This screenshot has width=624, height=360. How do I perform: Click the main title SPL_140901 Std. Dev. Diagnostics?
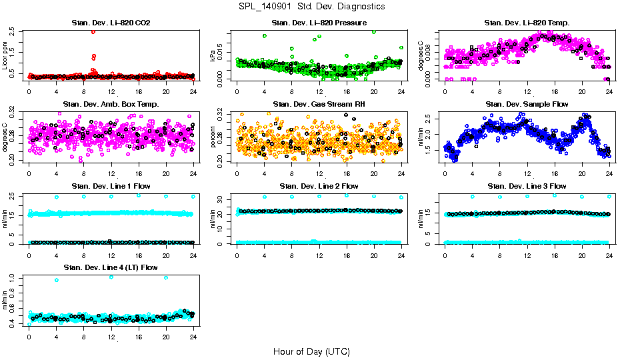click(x=311, y=7)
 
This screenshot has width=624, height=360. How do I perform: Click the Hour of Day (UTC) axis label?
click(x=311, y=351)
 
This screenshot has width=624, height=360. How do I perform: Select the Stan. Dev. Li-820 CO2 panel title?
click(x=111, y=23)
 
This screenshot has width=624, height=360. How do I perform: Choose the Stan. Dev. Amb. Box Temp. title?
click(x=111, y=104)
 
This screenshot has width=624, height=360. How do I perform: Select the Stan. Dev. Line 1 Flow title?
click(x=111, y=185)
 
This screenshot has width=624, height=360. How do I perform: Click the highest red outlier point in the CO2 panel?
click(x=93, y=31)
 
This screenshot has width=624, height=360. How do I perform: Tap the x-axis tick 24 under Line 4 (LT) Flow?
click(x=193, y=336)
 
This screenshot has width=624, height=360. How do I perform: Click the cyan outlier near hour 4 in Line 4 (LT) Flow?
click(x=57, y=280)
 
